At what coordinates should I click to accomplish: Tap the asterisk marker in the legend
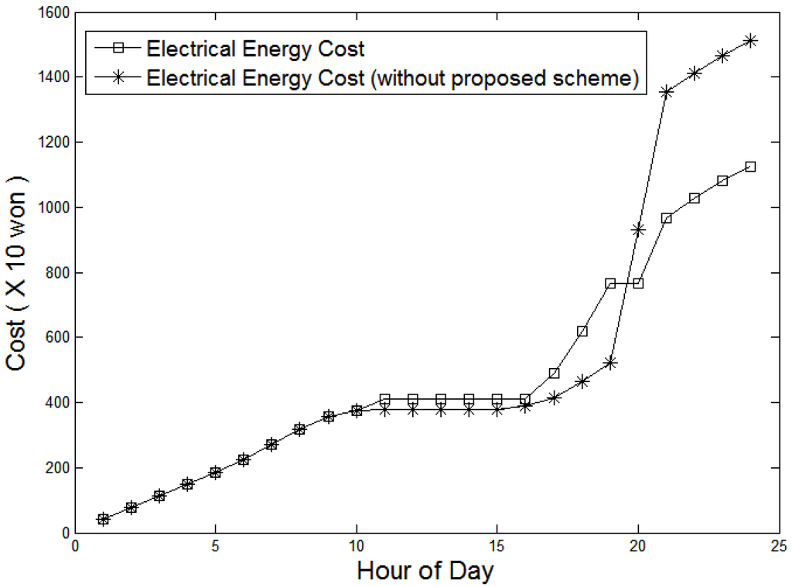click(118, 78)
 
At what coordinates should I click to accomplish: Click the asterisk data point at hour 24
click(750, 40)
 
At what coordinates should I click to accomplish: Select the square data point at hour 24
click(750, 167)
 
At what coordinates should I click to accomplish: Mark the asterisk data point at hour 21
click(666, 91)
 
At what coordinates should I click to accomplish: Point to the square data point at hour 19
click(609, 284)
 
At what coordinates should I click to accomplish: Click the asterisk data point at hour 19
click(609, 362)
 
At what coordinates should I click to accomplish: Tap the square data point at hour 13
click(441, 399)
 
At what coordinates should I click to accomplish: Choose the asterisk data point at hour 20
click(638, 230)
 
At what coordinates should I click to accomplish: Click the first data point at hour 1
click(103, 519)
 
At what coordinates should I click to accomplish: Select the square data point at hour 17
click(554, 374)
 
